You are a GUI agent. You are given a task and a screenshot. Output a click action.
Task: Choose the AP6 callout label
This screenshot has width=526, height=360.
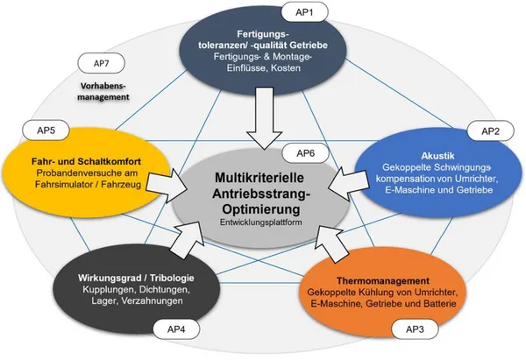coord(303,154)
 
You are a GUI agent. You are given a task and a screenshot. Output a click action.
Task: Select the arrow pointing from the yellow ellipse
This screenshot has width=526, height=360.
coord(169,185)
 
